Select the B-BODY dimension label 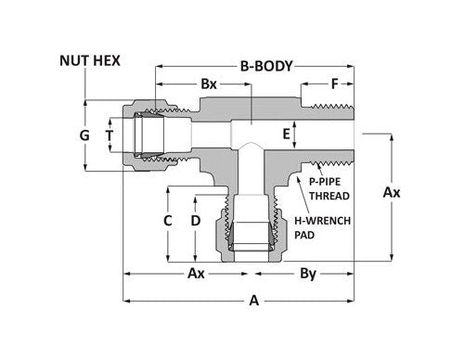click(266, 67)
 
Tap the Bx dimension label click(209, 84)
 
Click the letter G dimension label click(84, 135)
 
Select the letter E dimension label click(287, 135)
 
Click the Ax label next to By click(196, 275)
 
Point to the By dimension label click(308, 275)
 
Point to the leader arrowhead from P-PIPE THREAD click(316, 166)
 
